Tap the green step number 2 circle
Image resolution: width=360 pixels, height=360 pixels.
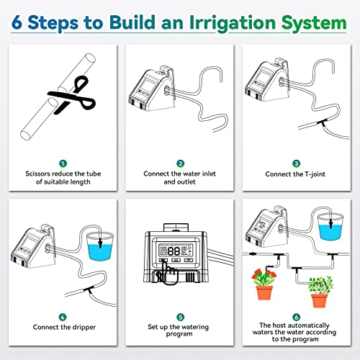(180, 163)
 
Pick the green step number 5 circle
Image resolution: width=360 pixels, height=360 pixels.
(180, 315)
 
